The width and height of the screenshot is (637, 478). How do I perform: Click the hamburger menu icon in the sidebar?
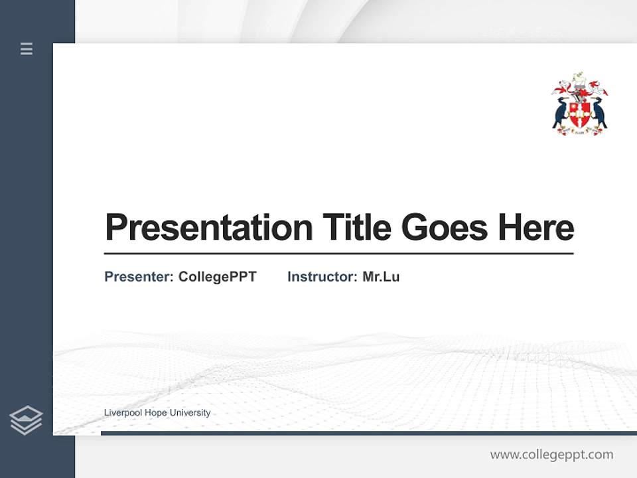(27, 48)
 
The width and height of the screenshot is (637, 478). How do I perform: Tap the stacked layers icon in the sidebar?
(26, 420)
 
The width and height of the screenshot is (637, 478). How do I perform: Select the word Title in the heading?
(356, 227)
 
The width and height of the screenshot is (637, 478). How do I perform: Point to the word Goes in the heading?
(445, 228)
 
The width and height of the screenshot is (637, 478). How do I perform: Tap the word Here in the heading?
(535, 227)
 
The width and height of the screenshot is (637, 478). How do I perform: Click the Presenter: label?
(139, 277)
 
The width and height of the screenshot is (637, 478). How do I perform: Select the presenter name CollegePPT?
(217, 277)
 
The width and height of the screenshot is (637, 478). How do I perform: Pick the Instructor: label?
(322, 277)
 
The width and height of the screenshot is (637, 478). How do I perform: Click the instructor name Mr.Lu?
(381, 277)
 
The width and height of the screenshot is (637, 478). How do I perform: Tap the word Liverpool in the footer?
(123, 413)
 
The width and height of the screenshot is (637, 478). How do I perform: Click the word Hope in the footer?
(155, 413)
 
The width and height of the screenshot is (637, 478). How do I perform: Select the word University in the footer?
(190, 413)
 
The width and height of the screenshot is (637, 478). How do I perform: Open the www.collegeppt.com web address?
(551, 455)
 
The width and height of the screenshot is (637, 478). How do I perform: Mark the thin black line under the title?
(338, 254)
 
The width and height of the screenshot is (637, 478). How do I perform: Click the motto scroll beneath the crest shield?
(580, 131)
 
